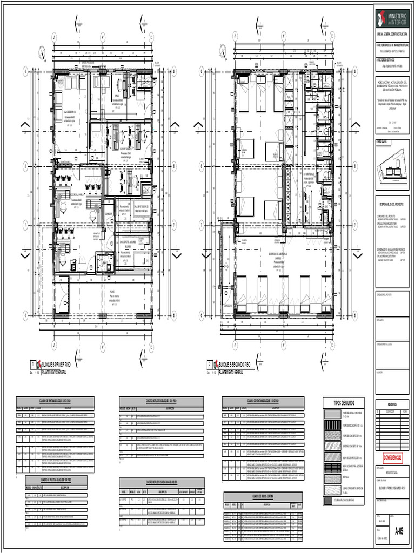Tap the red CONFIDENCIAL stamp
click(x=392, y=457)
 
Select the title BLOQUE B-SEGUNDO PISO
click(x=235, y=365)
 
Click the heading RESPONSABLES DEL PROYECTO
click(x=392, y=205)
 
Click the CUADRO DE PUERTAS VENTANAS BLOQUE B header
click(x=162, y=481)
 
